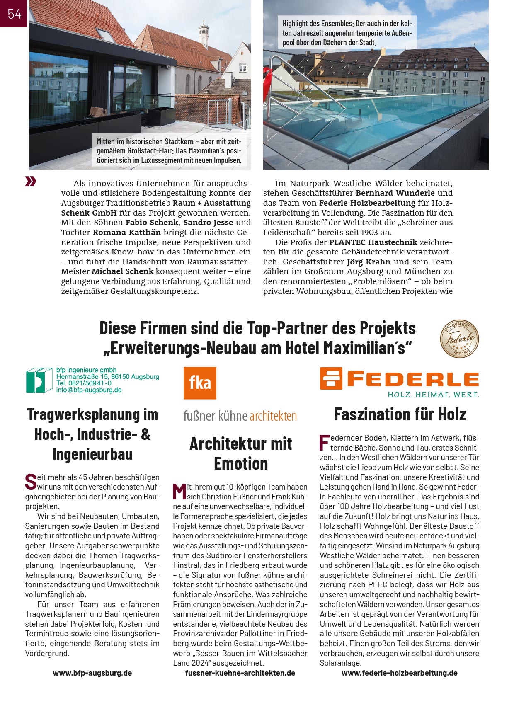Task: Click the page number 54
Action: [x=14, y=14]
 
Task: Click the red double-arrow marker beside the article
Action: [x=31, y=181]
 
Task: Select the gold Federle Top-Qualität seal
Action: [x=459, y=339]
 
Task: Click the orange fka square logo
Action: [x=200, y=383]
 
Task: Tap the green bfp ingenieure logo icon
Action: [x=39, y=380]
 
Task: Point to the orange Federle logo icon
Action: [x=331, y=378]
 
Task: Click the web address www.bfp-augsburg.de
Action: [x=92, y=673]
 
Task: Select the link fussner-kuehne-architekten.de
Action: [x=240, y=673]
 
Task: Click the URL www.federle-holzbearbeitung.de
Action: [x=399, y=673]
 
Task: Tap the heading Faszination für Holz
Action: [x=400, y=414]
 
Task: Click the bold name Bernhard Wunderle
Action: [x=395, y=193]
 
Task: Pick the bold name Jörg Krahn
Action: [x=369, y=262]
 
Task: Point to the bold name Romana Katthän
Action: [x=126, y=233]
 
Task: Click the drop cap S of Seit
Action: [x=31, y=482]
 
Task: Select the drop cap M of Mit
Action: [x=179, y=492]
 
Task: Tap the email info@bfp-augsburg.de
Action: [x=89, y=390]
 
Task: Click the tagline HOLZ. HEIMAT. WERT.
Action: [x=433, y=395]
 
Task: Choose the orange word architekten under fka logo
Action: [x=273, y=416]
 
